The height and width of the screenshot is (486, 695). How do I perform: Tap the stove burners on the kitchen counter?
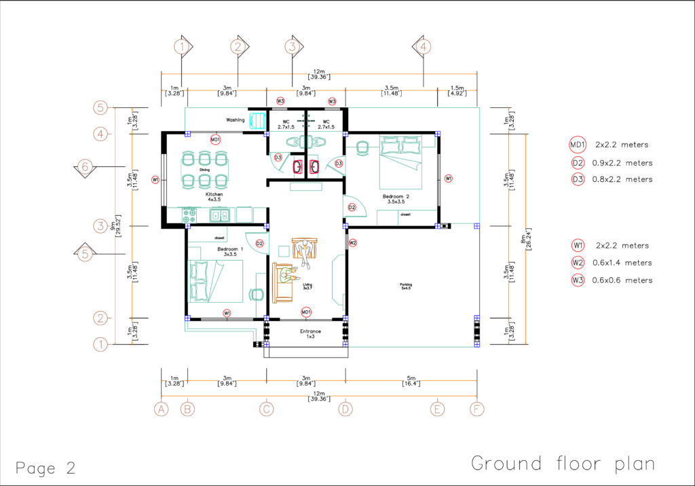tap(189, 216)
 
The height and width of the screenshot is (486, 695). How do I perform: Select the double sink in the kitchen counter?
tap(219, 216)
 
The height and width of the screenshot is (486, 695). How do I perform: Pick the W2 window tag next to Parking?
tap(352, 242)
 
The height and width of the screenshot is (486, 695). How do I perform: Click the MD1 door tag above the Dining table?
tap(215, 140)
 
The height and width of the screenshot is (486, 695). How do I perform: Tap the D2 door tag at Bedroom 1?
tap(259, 244)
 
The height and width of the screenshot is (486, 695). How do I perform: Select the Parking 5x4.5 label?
tap(405, 286)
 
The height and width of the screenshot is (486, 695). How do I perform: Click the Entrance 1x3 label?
tap(310, 334)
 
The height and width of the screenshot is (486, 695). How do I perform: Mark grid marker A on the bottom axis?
tap(161, 409)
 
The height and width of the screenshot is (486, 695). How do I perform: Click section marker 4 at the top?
tap(422, 47)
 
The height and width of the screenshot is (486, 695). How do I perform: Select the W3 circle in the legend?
tap(577, 280)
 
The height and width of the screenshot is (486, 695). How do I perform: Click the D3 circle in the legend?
tap(577, 179)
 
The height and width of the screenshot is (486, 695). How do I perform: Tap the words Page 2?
tap(45, 468)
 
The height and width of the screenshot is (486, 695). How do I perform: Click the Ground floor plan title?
tap(563, 464)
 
